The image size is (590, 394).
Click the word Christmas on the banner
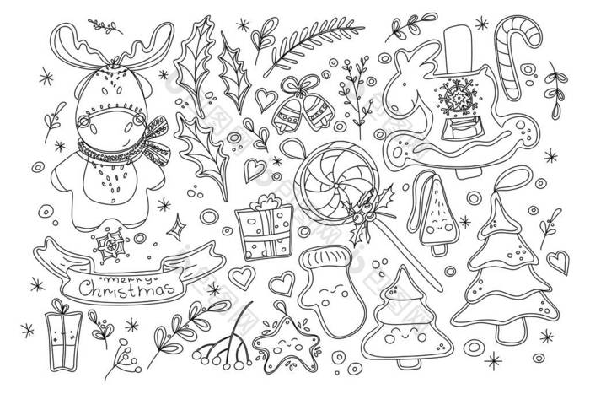click(x=126, y=289)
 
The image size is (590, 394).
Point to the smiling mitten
click(x=332, y=290)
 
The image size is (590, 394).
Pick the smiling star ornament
click(x=286, y=343)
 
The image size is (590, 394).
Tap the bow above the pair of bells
click(x=299, y=84)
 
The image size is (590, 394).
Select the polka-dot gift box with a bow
click(x=265, y=228)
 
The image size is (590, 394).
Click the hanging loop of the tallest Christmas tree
click(x=512, y=180)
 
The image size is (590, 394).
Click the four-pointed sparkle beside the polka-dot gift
click(x=176, y=227)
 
